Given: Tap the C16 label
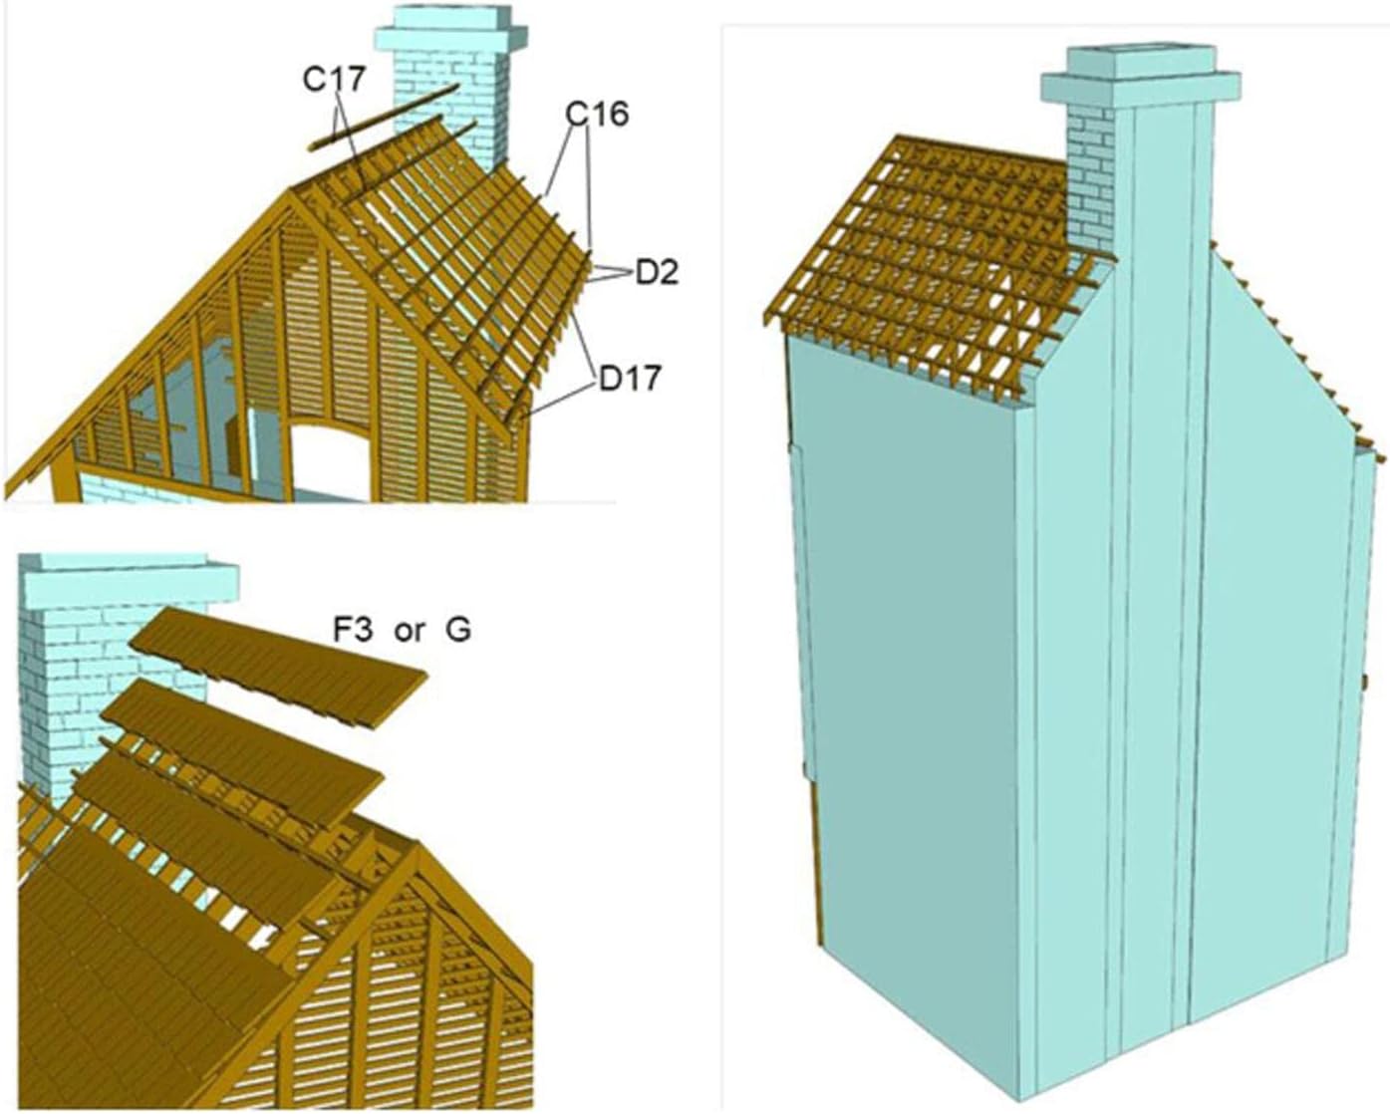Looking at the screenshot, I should [597, 116].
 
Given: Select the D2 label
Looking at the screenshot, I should [657, 271].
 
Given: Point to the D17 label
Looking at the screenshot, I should [630, 378].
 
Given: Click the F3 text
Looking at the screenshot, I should [353, 630].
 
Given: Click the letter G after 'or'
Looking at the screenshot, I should [457, 630].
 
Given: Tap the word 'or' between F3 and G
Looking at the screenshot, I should [409, 631].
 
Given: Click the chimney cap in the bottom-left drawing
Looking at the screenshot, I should [130, 577].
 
